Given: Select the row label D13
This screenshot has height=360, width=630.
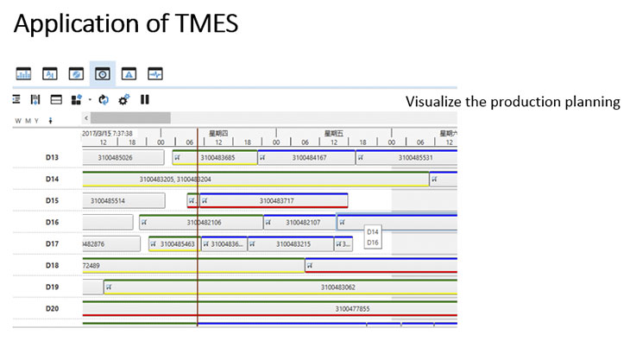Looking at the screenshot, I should coord(52,157).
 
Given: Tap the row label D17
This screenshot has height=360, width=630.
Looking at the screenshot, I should coord(52,244).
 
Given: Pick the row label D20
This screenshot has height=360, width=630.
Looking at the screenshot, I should coord(52,308).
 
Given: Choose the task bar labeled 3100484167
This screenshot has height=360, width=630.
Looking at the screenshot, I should coord(309,158).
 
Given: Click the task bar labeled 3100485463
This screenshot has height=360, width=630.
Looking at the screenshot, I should coord(177,244).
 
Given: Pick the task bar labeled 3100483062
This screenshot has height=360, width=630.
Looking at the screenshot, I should coord(337,287).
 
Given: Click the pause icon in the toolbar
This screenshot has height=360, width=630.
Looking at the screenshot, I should coord(145,99).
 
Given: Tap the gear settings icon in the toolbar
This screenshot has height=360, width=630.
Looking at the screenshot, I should coord(124,99).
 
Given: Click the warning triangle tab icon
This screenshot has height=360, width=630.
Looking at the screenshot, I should coord(129,73).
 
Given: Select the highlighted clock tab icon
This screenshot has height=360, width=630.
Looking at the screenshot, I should coord(103,73).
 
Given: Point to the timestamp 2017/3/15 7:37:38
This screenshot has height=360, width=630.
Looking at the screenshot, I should coord(107,134).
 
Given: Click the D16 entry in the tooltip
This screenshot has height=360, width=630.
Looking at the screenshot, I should coord(373,243).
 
